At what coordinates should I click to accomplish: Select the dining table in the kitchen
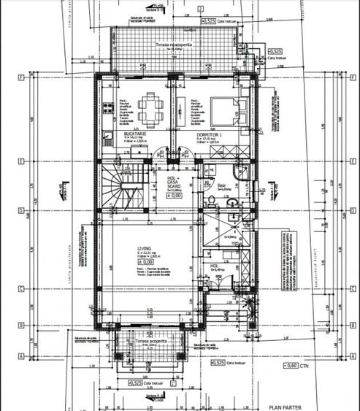tap(149, 109)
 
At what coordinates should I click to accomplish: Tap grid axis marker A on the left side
tap(24, 356)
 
